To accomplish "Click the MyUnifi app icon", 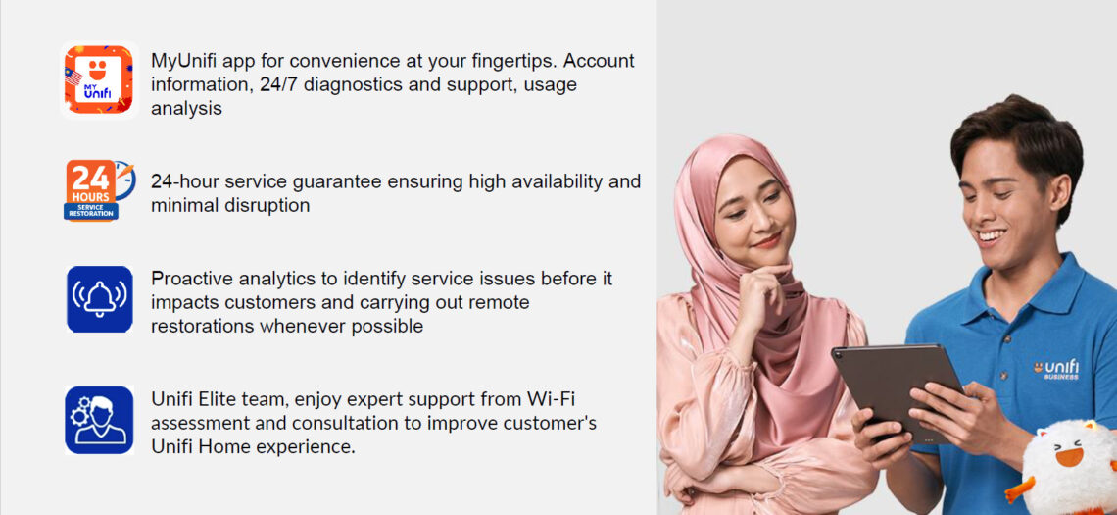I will tap(99, 80).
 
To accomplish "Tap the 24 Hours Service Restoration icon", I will tap(99, 190).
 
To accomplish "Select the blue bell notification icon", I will tap(99, 299).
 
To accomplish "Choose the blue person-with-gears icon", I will tap(99, 419).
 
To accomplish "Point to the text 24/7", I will tap(281, 84).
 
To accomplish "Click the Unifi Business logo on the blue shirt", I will tap(1055, 368).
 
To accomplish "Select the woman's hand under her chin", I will tap(759, 285).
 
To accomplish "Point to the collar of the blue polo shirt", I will tap(1039, 284).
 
